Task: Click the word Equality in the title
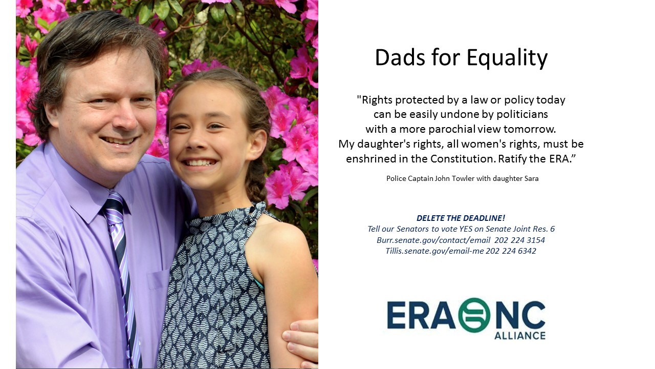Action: tap(507, 58)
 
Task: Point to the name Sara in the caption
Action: tap(531, 178)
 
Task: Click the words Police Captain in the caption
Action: tap(410, 179)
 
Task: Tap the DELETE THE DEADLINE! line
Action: tap(461, 218)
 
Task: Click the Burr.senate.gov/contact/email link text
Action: tap(433, 240)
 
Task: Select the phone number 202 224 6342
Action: tap(511, 251)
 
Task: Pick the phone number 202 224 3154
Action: tap(519, 240)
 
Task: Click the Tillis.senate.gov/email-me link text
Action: tap(434, 251)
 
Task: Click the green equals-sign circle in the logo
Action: tap(474, 315)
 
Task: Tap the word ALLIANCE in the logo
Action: tap(519, 335)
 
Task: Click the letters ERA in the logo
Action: tap(421, 315)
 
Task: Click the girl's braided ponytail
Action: tap(256, 179)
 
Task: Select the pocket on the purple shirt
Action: tap(158, 281)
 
